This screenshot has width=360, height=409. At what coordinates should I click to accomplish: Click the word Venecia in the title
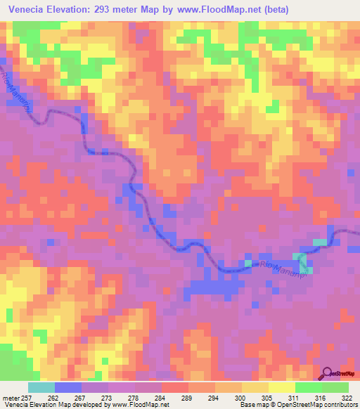(x=29, y=9)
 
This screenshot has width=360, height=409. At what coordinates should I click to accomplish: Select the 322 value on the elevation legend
(x=347, y=398)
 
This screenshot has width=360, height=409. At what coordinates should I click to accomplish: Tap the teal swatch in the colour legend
(x=41, y=387)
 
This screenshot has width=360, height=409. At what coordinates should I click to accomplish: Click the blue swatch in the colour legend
(x=68, y=387)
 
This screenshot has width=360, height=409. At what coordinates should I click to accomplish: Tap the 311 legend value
(x=295, y=398)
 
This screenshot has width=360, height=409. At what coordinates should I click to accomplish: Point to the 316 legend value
(x=321, y=398)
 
